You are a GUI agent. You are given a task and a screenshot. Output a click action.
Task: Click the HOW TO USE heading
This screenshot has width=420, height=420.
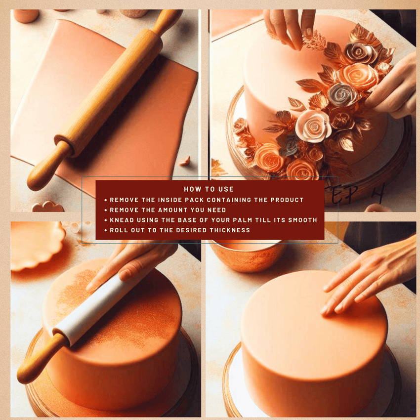tap(209, 189)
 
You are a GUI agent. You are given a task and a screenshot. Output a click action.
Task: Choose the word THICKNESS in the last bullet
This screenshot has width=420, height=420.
tap(231, 230)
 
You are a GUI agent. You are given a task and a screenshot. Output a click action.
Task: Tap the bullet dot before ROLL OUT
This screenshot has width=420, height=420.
tap(105, 230)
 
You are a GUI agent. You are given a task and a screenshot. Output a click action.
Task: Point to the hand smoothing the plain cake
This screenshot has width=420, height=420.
tap(368, 279)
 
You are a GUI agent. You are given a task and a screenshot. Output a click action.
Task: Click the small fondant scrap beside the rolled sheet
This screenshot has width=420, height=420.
tap(184, 161)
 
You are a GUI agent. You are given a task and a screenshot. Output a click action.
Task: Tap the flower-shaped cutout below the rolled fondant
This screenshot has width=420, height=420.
tap(48, 207)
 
